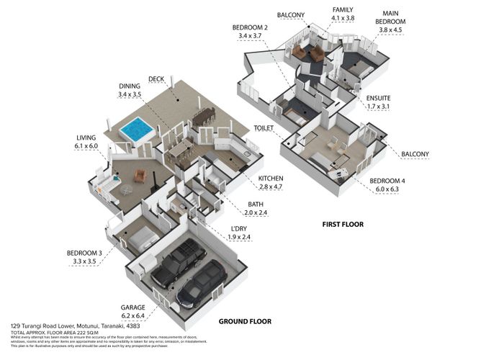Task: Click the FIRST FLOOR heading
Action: point(342,225)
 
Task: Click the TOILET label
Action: point(264,127)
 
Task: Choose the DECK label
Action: point(156,79)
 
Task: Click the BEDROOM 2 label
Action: point(251,27)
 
